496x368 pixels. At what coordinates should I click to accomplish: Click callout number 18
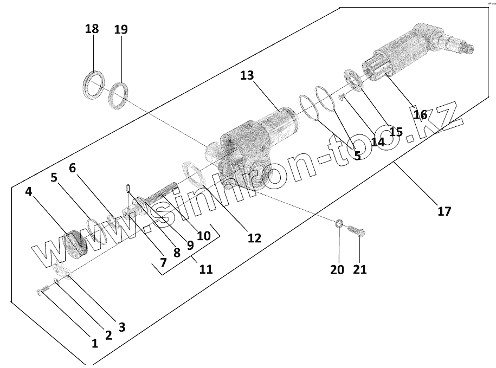[92, 29]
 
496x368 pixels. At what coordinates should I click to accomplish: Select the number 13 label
[247, 75]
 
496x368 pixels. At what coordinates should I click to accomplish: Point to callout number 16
[420, 114]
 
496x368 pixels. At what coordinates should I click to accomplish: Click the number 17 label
[444, 211]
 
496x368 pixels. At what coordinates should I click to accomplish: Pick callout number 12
[254, 237]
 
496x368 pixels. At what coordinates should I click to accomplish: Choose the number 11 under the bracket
[206, 269]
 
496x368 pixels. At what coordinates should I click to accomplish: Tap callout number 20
[337, 269]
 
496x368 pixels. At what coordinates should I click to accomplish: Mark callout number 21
[360, 269]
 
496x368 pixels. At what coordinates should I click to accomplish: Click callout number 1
[94, 343]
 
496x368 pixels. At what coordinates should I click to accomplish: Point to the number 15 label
[396, 132]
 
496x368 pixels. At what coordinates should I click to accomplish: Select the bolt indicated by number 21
[356, 231]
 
